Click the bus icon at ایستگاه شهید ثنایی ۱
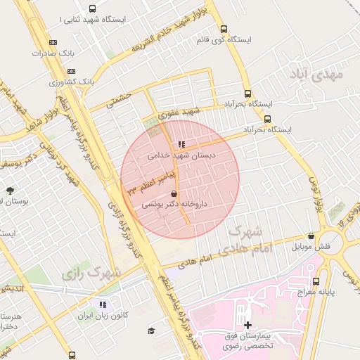93,9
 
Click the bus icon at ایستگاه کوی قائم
224,30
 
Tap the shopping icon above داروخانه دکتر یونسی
174,194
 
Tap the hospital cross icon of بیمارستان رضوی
247,324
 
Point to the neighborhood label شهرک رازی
91,272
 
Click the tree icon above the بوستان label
10,191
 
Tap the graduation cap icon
150,330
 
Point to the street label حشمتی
119,100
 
